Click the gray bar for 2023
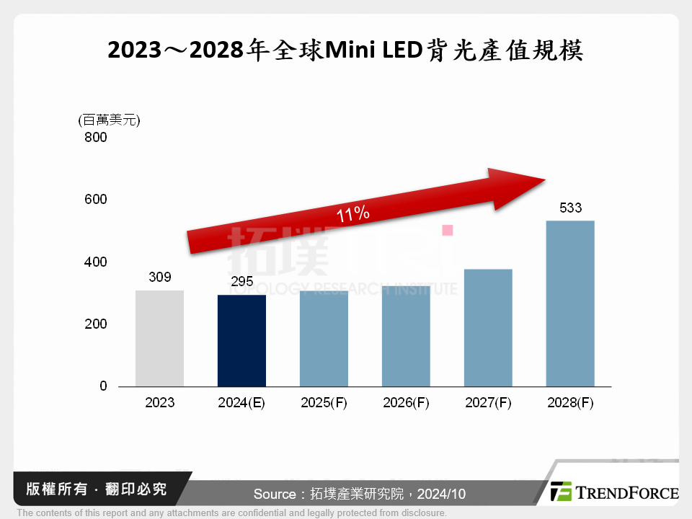[x=159, y=338]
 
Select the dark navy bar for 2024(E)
[x=241, y=340]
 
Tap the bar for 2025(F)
[x=324, y=339]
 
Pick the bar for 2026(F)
[x=406, y=336]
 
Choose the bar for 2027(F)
[x=488, y=327]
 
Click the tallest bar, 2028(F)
[x=570, y=303]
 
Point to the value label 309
[x=159, y=277]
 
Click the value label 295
[x=241, y=281]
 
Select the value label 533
[x=570, y=208]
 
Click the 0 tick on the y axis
[x=102, y=386]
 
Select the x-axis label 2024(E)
[x=241, y=403]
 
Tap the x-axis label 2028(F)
[x=570, y=403]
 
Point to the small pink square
[x=447, y=230]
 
